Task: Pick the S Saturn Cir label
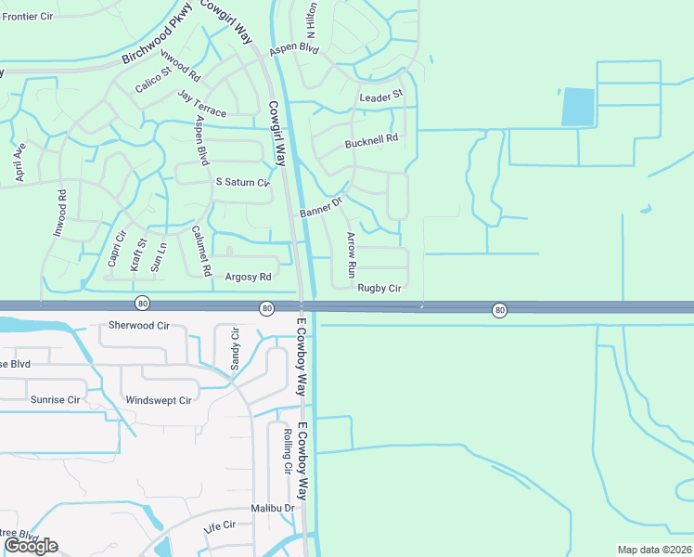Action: click(242, 183)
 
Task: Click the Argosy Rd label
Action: click(248, 277)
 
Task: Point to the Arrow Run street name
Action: click(351, 256)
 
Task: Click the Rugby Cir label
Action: click(379, 289)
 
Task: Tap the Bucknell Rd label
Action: click(371, 139)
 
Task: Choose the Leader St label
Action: click(381, 95)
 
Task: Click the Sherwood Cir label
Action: click(139, 326)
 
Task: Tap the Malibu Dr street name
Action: click(272, 508)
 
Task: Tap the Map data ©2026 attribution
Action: click(654, 550)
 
